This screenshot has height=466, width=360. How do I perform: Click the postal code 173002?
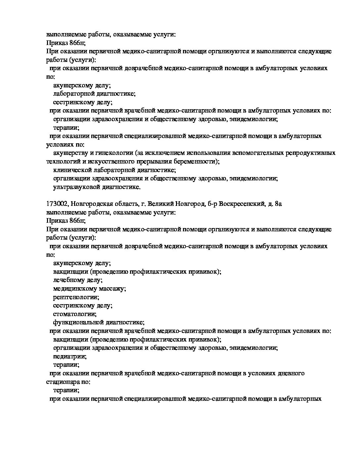[57, 204]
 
